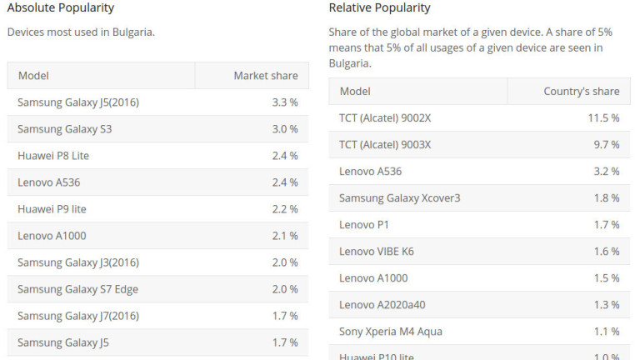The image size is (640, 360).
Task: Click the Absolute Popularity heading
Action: pyautogui.click(x=61, y=8)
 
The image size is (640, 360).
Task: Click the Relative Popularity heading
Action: pyautogui.click(x=379, y=8)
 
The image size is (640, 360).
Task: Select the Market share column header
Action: pyautogui.click(x=265, y=76)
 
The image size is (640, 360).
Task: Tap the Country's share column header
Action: pyautogui.click(x=581, y=92)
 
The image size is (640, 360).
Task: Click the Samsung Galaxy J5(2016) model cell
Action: pyautogui.click(x=78, y=102)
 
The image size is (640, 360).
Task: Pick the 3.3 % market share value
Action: pyautogui.click(x=284, y=102)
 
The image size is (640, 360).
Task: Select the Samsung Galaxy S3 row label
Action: pyautogui.click(x=64, y=129)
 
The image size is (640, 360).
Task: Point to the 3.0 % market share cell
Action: pyautogui.click(x=284, y=129)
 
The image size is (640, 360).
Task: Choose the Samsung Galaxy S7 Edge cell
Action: pyautogui.click(x=77, y=289)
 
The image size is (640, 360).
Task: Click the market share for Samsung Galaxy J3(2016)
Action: pyautogui.click(x=284, y=262)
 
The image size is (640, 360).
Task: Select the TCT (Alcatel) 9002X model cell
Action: pyautogui.click(x=385, y=118)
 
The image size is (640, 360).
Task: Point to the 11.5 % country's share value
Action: pyautogui.click(x=603, y=118)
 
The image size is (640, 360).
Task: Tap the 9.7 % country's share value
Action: pyautogui.click(x=606, y=145)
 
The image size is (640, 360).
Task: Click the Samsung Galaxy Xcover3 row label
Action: pyautogui.click(x=399, y=198)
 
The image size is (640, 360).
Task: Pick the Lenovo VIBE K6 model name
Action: pyautogui.click(x=376, y=252)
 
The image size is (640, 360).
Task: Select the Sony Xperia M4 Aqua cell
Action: pyautogui.click(x=390, y=332)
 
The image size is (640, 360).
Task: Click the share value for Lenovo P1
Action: pyautogui.click(x=606, y=225)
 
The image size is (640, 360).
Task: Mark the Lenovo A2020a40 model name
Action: pyautogui.click(x=382, y=305)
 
